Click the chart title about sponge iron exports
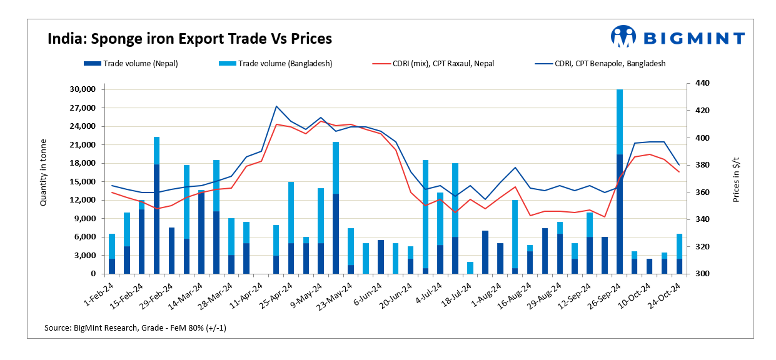189,39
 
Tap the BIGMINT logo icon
623,37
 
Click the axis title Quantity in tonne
44,181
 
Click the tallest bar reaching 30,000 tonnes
620,181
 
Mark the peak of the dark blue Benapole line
276,106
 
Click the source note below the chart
135,327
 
